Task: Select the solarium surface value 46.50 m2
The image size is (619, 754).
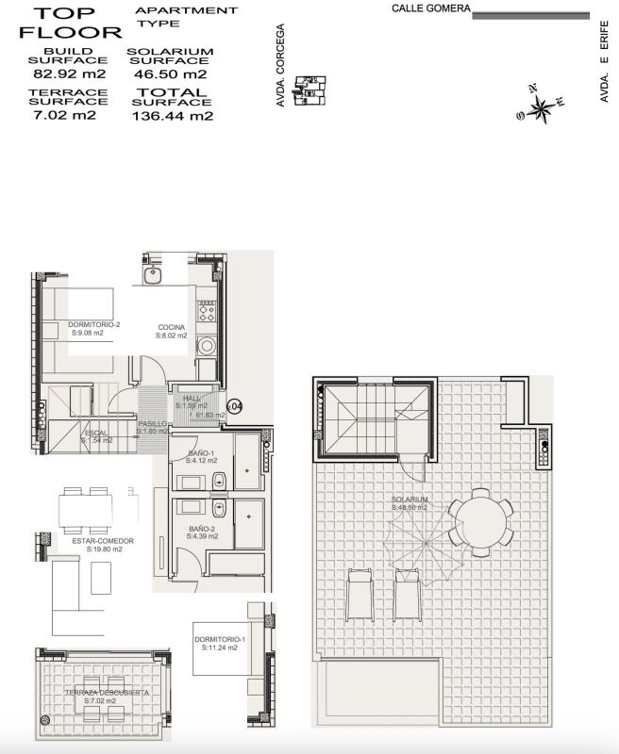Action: click(x=170, y=74)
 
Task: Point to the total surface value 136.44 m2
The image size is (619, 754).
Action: click(x=173, y=116)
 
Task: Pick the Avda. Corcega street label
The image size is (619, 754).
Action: click(x=280, y=66)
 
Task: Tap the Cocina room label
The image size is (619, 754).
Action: click(x=171, y=330)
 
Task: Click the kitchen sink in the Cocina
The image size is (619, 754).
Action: click(x=156, y=275)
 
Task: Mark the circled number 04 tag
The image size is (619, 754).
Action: click(x=235, y=406)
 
